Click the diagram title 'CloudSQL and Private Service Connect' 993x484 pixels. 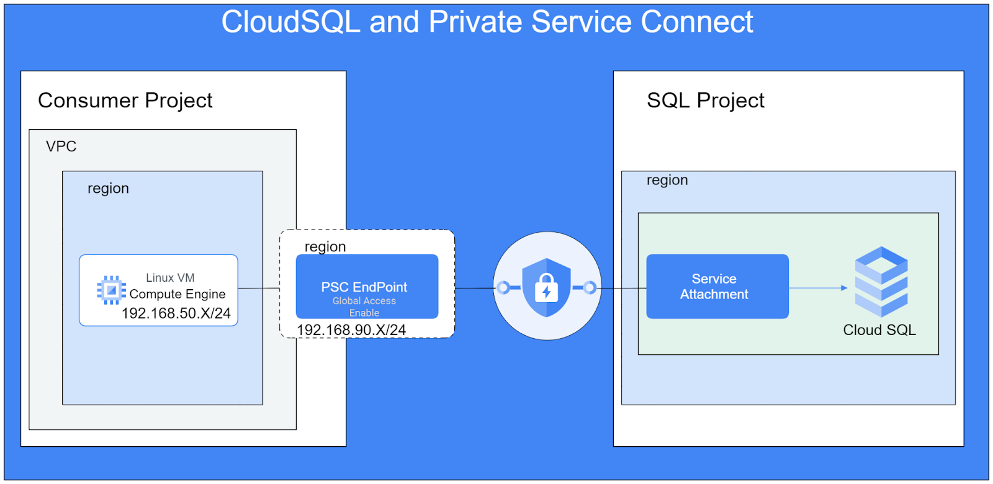487,22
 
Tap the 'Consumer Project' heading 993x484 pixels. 125,101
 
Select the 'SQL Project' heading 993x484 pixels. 705,101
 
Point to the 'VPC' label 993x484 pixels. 61,146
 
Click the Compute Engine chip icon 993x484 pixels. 111,290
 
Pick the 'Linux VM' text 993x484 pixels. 170,277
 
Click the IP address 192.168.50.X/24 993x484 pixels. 176,313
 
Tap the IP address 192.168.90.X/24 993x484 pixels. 351,330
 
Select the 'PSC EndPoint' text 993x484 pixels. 364,287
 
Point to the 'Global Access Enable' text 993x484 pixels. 364,307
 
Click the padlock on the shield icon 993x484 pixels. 546,287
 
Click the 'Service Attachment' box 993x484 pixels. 717,287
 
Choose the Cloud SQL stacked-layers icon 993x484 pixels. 881,282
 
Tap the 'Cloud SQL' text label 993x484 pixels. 879,330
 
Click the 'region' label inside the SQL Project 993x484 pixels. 667,180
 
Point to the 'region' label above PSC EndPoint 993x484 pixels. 325,247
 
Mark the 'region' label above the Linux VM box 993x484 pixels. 108,189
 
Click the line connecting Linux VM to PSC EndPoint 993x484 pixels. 259,288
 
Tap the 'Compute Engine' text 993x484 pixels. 177,294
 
